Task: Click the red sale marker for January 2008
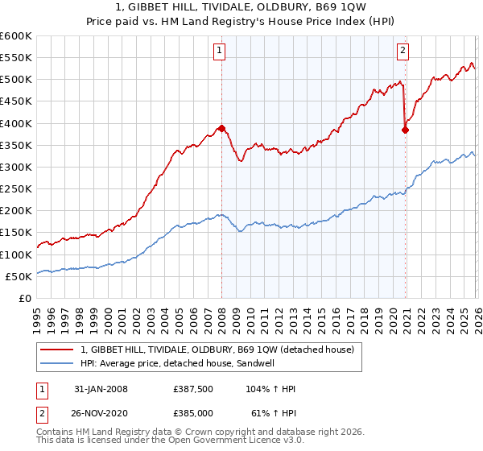221,128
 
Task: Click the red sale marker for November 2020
405,130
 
